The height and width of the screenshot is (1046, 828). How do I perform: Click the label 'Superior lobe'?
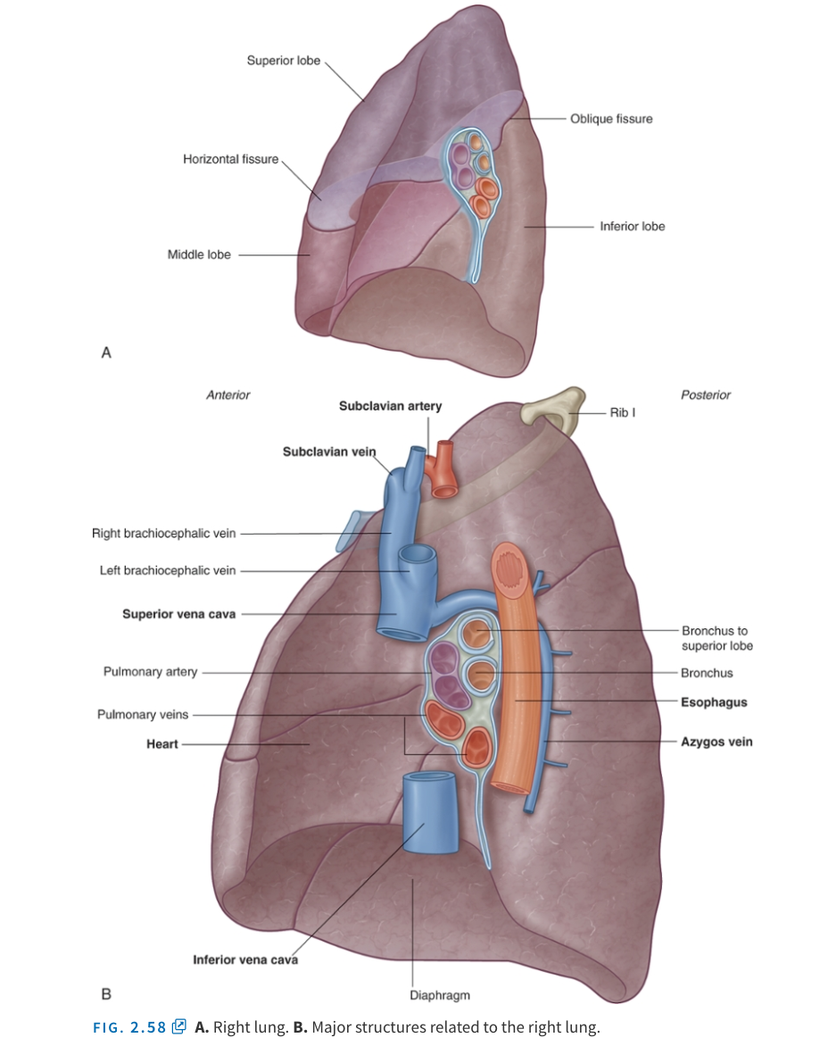tap(283, 61)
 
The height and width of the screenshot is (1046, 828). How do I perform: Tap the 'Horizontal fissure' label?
tap(230, 159)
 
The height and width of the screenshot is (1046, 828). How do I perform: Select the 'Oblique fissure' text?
tap(611, 119)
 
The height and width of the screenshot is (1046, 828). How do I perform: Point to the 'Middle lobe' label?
tap(199, 254)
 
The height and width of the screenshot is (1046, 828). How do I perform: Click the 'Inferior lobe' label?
tap(632, 227)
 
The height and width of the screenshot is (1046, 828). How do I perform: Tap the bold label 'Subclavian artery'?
tap(390, 406)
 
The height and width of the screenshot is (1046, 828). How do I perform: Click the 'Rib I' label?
tap(622, 413)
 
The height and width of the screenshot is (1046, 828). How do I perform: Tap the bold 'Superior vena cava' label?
tap(178, 614)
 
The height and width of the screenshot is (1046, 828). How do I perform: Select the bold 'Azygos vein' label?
tap(716, 742)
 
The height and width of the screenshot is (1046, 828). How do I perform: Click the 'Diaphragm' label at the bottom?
tap(440, 995)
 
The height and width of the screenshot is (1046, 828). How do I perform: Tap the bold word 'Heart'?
tap(162, 743)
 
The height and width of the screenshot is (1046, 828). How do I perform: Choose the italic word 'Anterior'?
tap(228, 394)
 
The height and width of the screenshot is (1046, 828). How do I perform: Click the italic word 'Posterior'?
tap(706, 394)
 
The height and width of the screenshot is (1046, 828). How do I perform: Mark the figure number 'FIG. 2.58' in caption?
tap(130, 1027)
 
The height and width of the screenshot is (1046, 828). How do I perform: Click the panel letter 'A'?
tap(106, 353)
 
